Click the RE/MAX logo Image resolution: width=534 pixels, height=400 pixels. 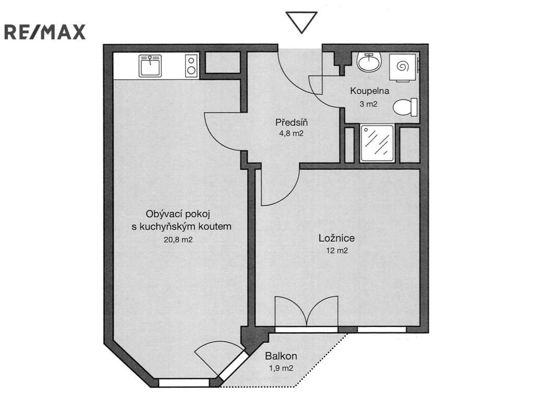tap(45, 32)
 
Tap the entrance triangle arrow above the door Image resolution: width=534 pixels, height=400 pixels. tap(301, 22)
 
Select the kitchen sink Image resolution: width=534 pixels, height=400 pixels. tap(150, 66)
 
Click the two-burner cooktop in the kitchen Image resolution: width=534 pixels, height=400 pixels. tap(191, 66)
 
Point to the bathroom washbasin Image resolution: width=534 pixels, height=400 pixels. tap(369, 62)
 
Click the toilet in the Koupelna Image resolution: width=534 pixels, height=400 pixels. tap(405, 107)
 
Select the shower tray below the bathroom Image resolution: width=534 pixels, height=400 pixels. tap(377, 143)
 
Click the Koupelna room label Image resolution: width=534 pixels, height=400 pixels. tap(370, 91)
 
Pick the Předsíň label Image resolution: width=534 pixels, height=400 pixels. tap(292, 123)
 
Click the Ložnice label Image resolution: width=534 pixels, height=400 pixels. tap(336, 238)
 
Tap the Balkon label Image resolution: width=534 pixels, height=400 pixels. tap(281, 356)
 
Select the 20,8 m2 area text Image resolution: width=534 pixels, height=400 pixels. tap(178, 239)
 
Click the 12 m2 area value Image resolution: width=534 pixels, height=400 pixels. tap(337, 250)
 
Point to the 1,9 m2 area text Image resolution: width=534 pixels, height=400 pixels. tap(281, 368)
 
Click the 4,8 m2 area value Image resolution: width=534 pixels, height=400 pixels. tap(291, 134)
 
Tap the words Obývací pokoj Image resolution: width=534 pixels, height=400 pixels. tap(178, 214)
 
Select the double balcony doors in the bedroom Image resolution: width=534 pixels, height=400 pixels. tap(307, 311)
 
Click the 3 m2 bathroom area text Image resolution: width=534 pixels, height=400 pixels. tap(369, 104)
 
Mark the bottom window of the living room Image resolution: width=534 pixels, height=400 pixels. tap(184, 383)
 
